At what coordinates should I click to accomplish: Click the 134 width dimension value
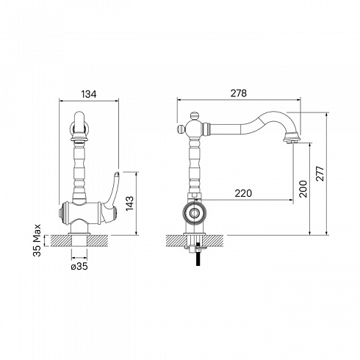89,94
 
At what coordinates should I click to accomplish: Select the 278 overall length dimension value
239,93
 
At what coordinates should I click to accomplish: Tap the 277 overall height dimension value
320,173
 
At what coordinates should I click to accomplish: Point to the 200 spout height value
303,189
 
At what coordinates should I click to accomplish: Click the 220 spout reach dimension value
243,193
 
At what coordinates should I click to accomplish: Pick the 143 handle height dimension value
129,204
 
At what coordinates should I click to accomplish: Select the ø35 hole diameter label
79,267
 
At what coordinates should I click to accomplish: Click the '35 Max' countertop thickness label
37,240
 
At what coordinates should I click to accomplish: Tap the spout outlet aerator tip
291,142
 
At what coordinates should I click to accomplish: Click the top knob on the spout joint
194,116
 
